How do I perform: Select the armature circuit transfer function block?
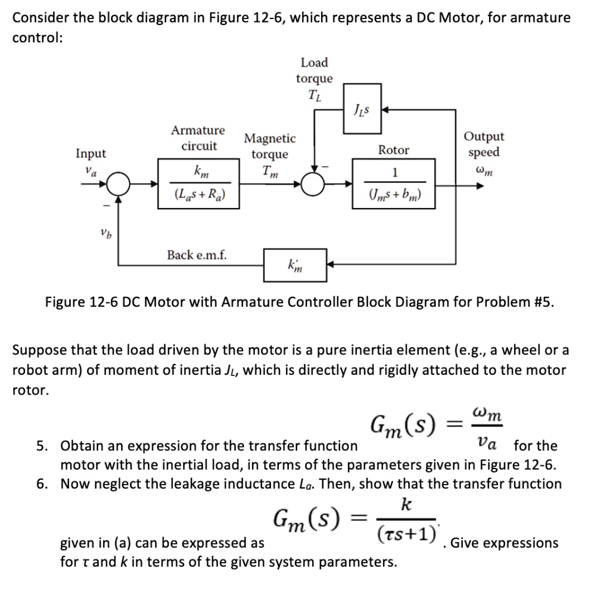[200, 184]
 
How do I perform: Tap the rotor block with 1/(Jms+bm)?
[394, 184]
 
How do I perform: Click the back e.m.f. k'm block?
[295, 265]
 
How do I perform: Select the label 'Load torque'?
[315, 70]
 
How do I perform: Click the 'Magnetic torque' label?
[270, 147]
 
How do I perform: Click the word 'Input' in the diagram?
[91, 154]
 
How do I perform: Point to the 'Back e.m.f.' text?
[197, 255]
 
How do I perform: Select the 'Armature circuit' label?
[198, 138]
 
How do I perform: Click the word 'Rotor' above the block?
[394, 150]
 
